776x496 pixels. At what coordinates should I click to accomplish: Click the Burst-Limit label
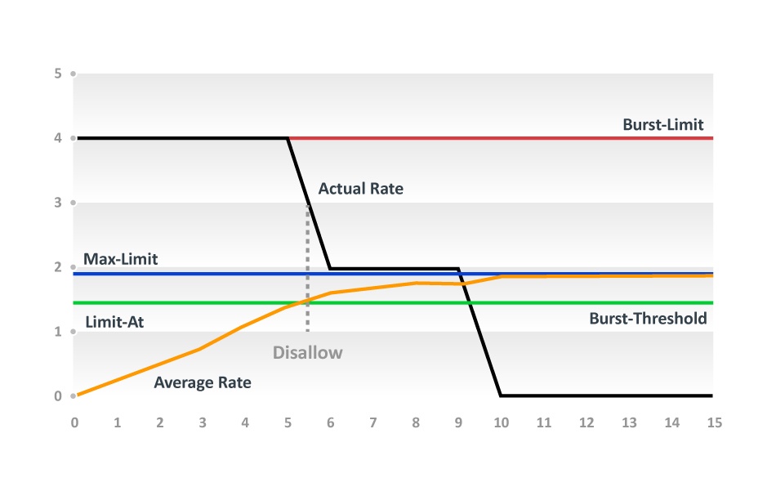coord(662,125)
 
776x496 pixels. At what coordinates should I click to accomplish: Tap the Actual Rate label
coord(361,189)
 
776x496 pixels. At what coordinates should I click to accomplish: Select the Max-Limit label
coord(120,259)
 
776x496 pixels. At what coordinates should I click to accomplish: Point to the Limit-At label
coord(114,322)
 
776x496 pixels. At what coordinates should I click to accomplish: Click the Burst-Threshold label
coord(648,319)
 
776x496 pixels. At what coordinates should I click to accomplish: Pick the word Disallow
coord(307,352)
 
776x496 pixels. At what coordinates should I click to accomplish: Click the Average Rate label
coord(203,382)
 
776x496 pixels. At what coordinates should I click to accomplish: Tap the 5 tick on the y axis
coord(58,74)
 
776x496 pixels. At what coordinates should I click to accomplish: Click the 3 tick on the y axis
coord(58,203)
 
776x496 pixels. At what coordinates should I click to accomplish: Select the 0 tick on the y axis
coord(58,396)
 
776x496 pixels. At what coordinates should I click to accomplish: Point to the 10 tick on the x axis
coord(501,422)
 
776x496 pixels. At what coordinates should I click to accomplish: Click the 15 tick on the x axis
coord(714,422)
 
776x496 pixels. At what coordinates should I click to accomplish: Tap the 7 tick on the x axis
coord(373,422)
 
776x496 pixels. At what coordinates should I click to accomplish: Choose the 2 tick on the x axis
coord(160,422)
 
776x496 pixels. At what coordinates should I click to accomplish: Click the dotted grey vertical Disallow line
coord(307,268)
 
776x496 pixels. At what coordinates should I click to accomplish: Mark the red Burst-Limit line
coord(501,138)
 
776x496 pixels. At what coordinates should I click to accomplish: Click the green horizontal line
coord(393,302)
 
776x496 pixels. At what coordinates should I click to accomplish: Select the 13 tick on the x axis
coord(629,422)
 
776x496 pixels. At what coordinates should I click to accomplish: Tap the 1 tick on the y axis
coord(58,332)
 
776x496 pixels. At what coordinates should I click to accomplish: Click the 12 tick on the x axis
coord(586,422)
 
